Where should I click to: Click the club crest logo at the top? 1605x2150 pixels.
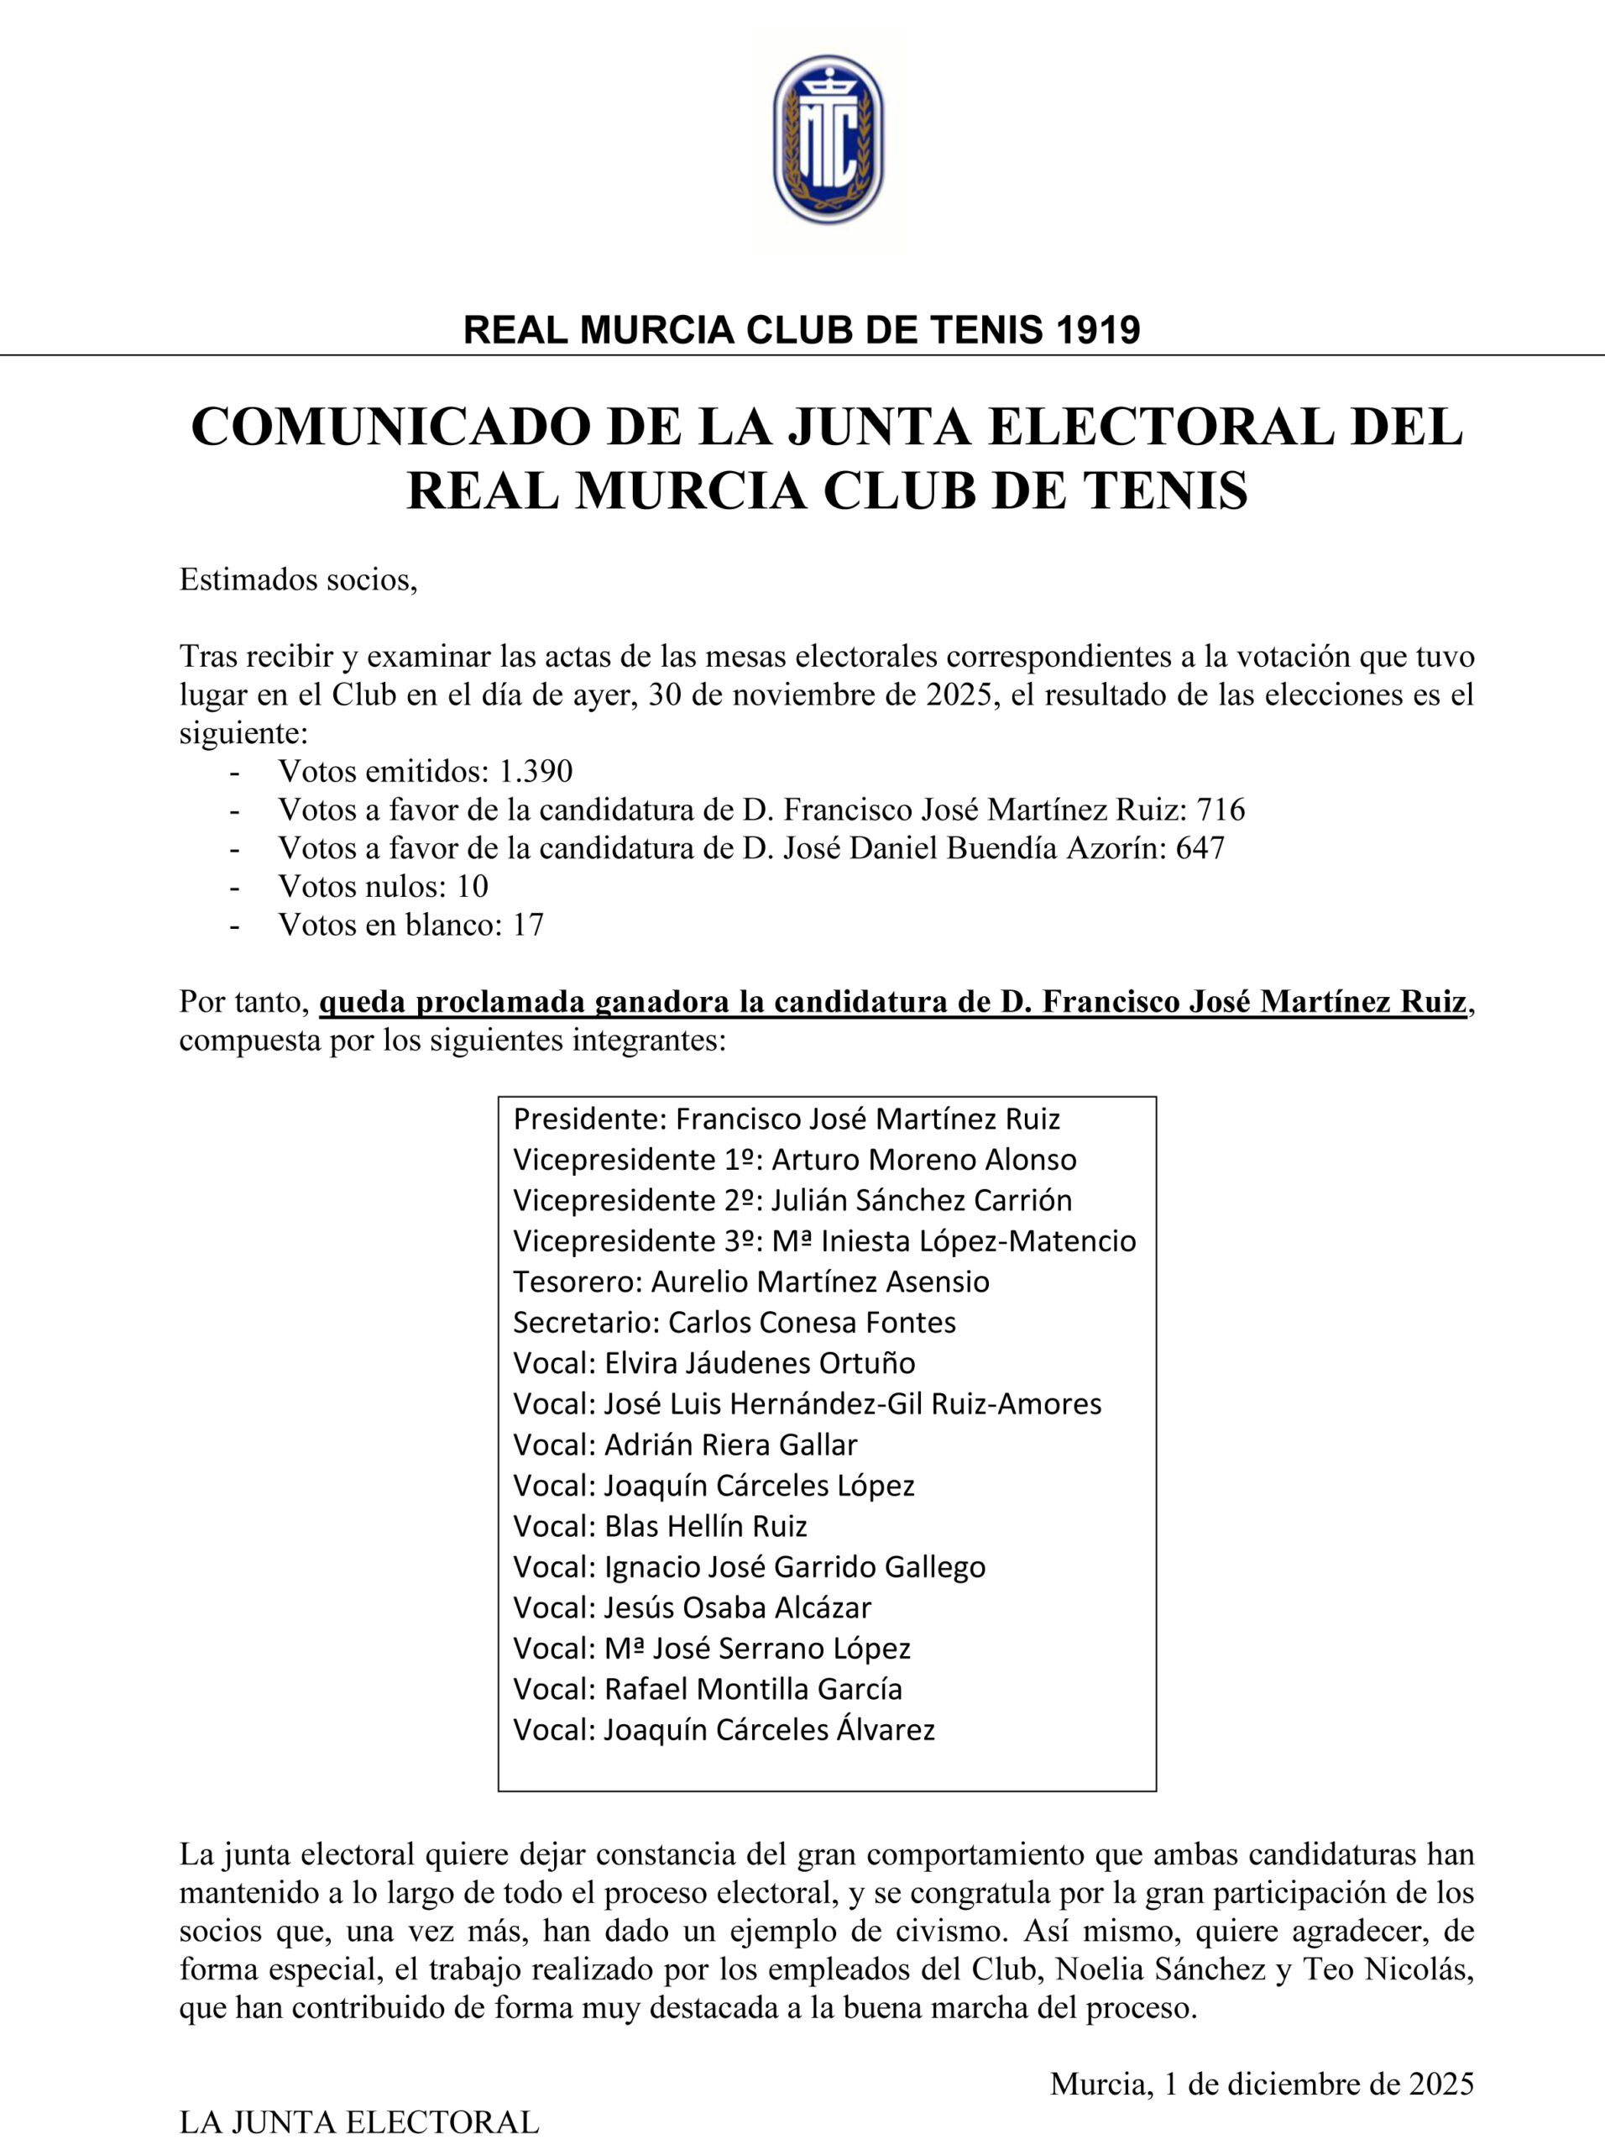[828, 140]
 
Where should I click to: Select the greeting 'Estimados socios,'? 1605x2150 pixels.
[298, 580]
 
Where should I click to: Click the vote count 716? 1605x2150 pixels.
[1220, 809]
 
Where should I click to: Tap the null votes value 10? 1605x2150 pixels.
[472, 885]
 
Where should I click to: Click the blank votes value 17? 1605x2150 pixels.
[527, 925]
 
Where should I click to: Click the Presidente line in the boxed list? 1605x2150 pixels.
[786, 1120]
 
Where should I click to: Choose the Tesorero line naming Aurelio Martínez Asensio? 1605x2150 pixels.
[751, 1282]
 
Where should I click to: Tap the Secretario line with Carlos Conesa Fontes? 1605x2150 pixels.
[735, 1323]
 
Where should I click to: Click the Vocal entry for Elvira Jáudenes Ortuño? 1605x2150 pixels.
[714, 1364]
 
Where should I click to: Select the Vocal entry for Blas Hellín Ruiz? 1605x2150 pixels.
[660, 1526]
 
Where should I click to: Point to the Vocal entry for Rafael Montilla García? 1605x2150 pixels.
[708, 1689]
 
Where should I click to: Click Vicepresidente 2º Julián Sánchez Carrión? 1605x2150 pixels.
[792, 1200]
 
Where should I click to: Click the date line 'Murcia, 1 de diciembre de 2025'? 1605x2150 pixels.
[1261, 2084]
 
